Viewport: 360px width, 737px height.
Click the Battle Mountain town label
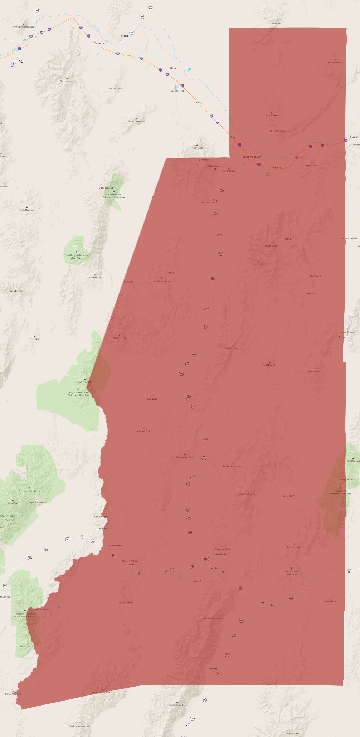point(252,157)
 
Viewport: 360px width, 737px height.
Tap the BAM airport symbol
point(268,172)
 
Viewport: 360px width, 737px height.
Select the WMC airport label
point(13,67)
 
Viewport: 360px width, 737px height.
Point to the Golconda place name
point(100,43)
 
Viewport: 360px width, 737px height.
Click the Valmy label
point(199,102)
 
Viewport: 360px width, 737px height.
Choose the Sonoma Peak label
point(67,81)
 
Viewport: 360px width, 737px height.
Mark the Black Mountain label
point(335,63)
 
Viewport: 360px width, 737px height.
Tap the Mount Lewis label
point(271,246)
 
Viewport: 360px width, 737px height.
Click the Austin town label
point(214,568)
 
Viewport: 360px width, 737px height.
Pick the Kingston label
point(213,669)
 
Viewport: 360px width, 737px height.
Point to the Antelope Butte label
point(143,431)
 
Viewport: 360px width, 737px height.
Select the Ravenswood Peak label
point(185,457)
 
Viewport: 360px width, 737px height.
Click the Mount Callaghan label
point(247,494)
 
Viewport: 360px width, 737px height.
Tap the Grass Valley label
point(289,496)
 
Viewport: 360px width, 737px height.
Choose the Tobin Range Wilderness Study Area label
point(76,256)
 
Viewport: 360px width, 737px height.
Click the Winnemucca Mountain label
point(24,27)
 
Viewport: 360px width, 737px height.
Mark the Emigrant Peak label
point(126,602)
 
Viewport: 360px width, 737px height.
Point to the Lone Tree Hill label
point(177,91)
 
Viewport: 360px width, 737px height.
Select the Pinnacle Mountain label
point(161,281)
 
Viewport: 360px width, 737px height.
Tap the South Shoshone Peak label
point(80,726)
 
